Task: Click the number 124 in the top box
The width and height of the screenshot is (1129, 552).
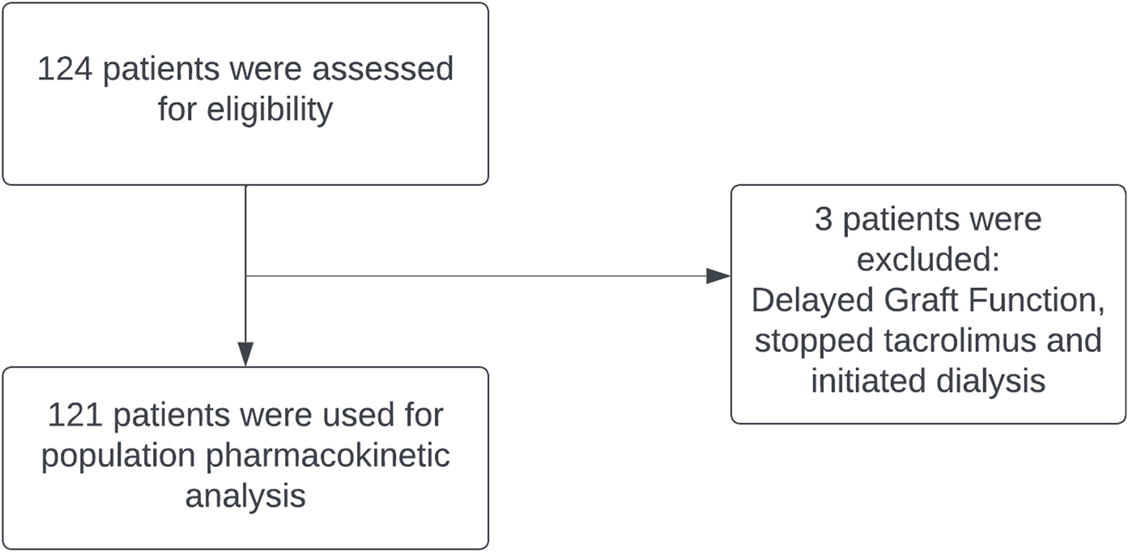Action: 66,69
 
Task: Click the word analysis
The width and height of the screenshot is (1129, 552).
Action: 245,495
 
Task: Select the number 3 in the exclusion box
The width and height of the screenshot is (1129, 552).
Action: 824,220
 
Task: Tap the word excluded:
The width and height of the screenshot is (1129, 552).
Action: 929,260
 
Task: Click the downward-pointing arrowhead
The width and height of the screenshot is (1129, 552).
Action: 245,355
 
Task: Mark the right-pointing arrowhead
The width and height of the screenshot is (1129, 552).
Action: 718,276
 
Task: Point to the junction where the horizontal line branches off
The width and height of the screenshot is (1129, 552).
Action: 245,276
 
